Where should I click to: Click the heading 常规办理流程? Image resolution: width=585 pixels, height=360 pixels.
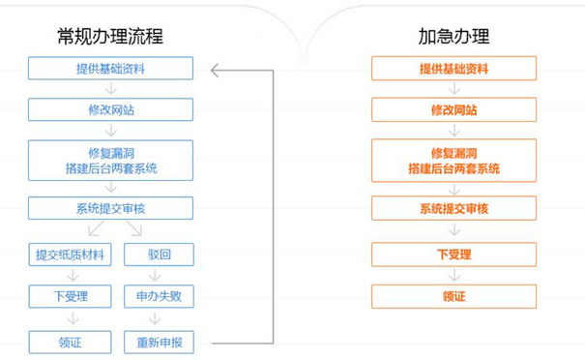tap(109, 37)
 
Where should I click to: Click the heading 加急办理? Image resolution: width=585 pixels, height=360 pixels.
tap(453, 37)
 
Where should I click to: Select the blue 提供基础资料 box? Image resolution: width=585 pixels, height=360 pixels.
tap(110, 69)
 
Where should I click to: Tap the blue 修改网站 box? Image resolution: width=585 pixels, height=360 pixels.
tap(110, 109)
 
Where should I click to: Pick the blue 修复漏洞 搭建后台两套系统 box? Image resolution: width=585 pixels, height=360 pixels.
tap(110, 160)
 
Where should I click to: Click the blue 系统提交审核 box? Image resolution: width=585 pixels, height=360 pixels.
tap(110, 208)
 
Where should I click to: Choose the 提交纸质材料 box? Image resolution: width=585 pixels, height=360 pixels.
tap(71, 255)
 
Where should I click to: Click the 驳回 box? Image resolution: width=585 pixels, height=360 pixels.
tap(160, 255)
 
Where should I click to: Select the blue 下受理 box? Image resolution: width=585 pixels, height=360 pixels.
tap(71, 296)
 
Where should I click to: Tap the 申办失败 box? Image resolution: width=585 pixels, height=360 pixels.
tap(160, 296)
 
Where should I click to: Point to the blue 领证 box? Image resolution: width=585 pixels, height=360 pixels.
tap(71, 342)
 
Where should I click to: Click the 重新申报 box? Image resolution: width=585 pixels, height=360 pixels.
tap(160, 342)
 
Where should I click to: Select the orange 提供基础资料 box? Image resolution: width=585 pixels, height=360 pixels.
tap(453, 69)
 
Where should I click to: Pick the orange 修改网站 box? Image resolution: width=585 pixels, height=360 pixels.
tap(453, 109)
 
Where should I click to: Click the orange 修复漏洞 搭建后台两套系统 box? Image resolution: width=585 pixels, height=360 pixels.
tap(453, 160)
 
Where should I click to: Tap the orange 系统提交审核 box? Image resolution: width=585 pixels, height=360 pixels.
tap(453, 208)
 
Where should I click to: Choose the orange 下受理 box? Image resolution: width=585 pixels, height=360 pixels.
tap(453, 255)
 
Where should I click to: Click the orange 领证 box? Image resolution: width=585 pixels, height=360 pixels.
tap(453, 296)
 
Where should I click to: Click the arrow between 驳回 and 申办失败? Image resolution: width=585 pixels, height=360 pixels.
tap(160, 276)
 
